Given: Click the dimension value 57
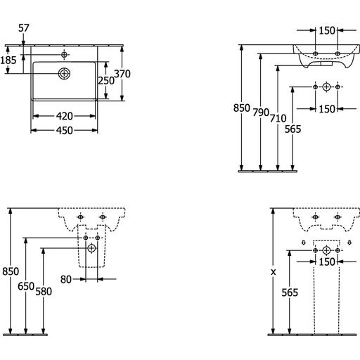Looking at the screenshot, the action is coord(24,28).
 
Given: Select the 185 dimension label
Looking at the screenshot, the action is coord(8,60).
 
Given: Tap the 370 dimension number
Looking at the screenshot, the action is coord(122,74).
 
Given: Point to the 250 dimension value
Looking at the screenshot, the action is coord(106,81).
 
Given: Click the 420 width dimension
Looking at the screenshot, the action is coord(65,116).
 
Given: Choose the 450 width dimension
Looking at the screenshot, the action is coord(65,131).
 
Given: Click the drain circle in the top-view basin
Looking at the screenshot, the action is coord(64,74).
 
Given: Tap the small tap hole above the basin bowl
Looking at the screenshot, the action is coord(64,55).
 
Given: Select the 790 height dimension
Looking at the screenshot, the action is coord(261,112).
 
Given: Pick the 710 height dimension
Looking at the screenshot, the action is coord(278,118).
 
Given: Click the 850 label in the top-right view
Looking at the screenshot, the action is coord(242,108).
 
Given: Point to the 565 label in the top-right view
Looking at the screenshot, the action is coord(292,129).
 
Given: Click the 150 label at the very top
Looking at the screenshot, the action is coord(327,31).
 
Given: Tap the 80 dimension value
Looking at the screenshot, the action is coord(66,279).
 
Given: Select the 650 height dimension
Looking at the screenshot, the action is coord(26,286).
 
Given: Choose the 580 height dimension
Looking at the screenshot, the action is coord(44,292).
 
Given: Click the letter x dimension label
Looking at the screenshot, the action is coord(274,272).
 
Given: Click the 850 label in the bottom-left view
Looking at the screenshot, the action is coord(11,271).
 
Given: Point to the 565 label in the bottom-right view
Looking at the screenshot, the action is coord(290,292).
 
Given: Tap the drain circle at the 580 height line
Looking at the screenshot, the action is coord(91,248).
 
